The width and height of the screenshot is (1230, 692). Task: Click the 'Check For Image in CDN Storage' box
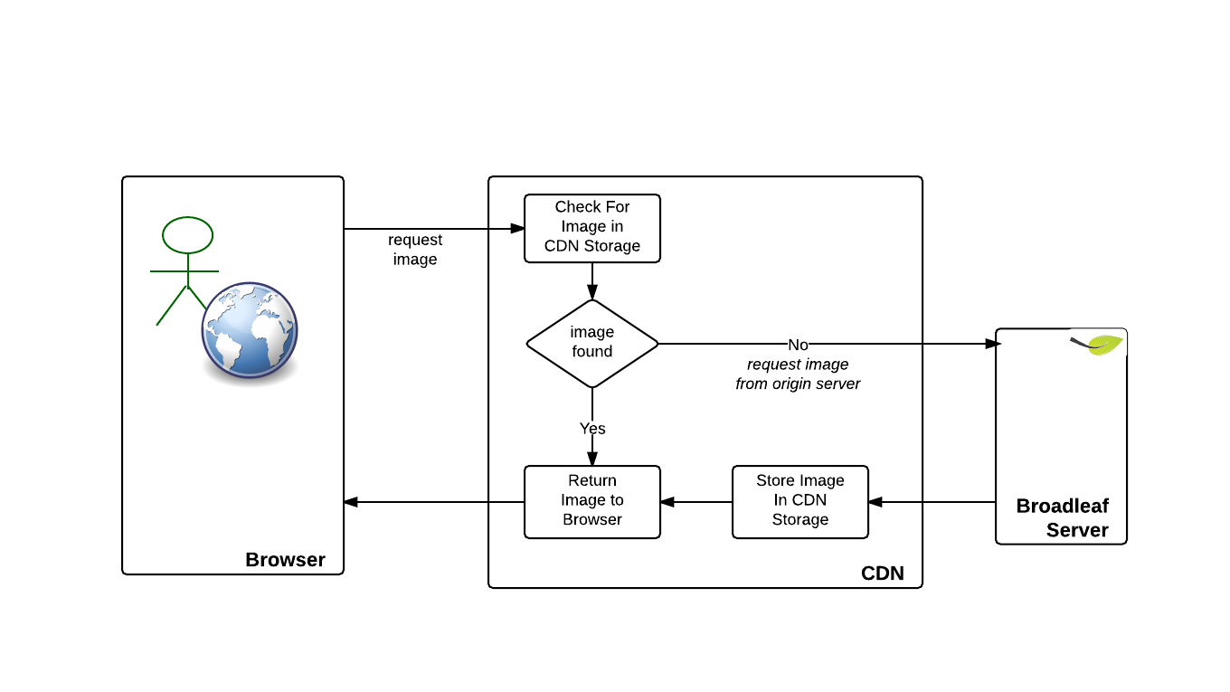592,228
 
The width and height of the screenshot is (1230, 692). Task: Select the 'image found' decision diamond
592,343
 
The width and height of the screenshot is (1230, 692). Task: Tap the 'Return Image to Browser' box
592,501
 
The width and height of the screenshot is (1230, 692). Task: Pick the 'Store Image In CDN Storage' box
799,501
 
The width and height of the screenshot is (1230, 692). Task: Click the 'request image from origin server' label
798,374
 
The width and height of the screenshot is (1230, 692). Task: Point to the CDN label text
882,574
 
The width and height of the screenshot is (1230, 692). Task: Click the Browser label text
285,560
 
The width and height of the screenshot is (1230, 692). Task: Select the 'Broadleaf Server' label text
1063,518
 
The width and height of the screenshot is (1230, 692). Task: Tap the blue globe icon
250,329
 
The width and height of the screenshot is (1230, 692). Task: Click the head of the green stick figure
187,235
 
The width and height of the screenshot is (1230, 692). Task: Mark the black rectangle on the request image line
798,344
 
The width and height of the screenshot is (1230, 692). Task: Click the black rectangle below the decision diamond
592,428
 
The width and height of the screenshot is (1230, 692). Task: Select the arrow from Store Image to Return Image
695,501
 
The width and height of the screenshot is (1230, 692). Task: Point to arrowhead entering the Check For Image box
517,229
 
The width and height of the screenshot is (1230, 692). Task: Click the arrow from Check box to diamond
592,280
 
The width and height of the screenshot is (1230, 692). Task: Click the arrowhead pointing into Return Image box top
592,460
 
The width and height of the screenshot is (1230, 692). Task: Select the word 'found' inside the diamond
592,352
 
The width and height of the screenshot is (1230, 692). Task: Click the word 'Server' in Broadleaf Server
1077,530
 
